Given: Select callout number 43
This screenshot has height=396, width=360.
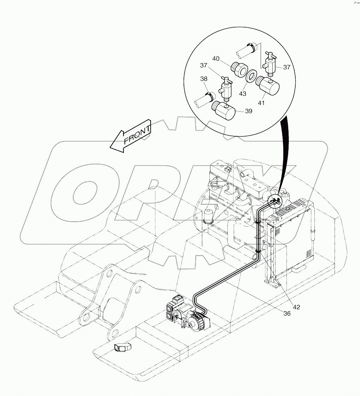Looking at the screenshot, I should tap(243, 94).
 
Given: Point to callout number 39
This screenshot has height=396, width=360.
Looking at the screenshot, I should tap(249, 111).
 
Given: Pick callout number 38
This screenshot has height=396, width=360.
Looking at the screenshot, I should tap(204, 79).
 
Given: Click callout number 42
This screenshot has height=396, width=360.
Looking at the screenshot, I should tap(296, 307).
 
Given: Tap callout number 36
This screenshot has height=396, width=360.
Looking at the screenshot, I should tap(287, 313).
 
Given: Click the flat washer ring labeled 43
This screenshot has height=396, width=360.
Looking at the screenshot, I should tap(251, 76).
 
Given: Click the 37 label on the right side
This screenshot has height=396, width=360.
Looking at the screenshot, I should tap(286, 67).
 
